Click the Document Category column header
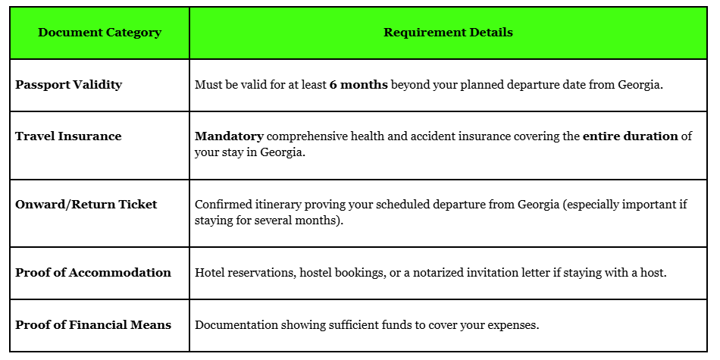[x=99, y=33]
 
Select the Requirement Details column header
[x=448, y=33]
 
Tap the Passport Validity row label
[x=68, y=85]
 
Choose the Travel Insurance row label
[x=68, y=136]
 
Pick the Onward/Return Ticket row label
[x=86, y=205]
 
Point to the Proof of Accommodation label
[x=93, y=273]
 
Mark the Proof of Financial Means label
[x=93, y=325]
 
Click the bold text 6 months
[x=358, y=85]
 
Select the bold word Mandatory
[x=229, y=136]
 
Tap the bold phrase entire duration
[x=630, y=136]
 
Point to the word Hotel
[x=210, y=273]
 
